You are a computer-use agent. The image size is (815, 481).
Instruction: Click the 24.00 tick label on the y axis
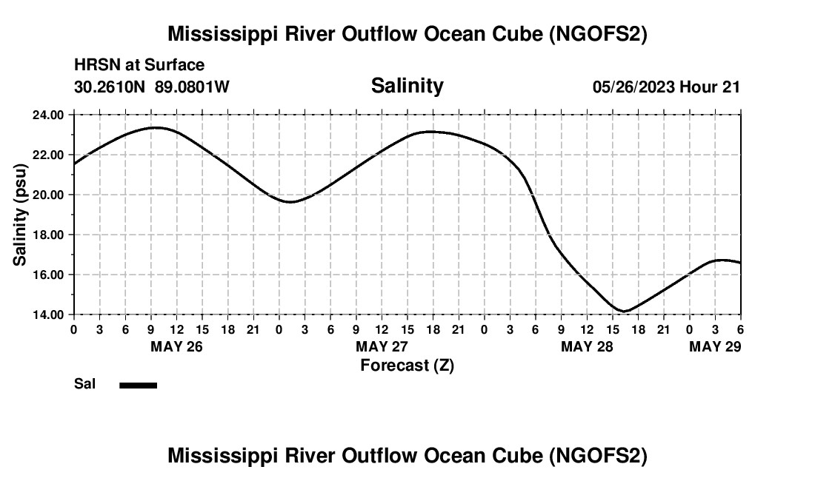click(47, 115)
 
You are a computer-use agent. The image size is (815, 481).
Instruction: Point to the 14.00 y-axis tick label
click(47, 314)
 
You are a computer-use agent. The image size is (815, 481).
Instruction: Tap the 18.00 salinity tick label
click(47, 235)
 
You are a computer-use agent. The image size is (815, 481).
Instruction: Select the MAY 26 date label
click(176, 346)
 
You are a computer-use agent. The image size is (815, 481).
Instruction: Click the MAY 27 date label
click(382, 346)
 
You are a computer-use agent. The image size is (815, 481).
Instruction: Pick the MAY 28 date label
click(587, 346)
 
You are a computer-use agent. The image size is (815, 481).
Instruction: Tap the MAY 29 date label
click(715, 346)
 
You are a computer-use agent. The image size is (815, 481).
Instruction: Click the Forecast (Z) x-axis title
click(407, 365)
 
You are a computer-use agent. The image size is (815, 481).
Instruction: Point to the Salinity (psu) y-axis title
click(21, 215)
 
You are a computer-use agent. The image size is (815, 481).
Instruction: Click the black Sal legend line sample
click(138, 385)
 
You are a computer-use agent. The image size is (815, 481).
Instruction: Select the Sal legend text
click(84, 384)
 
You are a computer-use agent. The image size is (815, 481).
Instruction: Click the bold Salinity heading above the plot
click(407, 86)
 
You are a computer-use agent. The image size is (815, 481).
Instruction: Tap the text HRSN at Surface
click(139, 65)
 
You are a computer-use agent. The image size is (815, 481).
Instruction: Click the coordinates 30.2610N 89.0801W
click(152, 87)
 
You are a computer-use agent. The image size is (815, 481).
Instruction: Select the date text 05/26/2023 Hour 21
click(666, 87)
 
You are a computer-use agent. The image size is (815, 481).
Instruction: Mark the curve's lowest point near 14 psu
click(624, 311)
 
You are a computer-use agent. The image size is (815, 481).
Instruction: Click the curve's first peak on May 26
click(154, 127)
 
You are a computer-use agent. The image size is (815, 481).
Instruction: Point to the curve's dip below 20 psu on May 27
click(291, 201)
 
